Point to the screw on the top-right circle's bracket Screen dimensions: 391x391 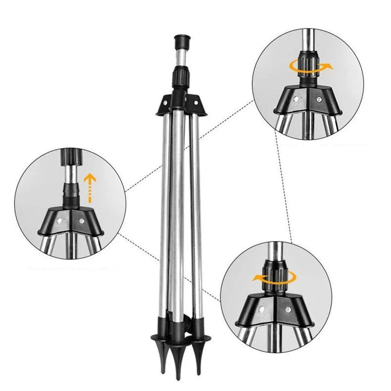(318, 100)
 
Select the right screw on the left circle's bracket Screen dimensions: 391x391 (81, 221)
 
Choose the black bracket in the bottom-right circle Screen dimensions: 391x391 (273, 310)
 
